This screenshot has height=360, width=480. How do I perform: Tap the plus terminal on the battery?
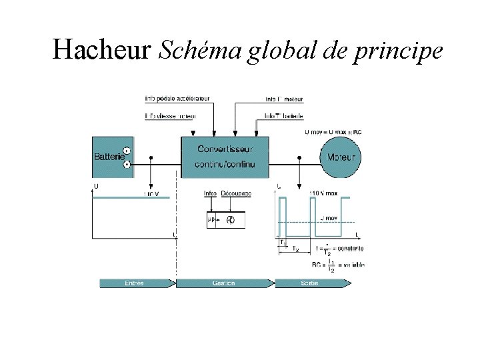127,151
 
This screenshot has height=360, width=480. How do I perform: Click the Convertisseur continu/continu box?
225,157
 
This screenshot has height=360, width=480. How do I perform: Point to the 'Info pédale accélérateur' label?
177,99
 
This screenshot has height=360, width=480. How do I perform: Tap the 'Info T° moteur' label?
284,99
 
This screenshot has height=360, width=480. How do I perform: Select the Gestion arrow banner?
225,283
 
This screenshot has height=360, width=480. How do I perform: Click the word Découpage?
236,193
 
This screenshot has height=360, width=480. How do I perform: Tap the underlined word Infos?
211,193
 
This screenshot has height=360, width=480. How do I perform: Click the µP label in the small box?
211,219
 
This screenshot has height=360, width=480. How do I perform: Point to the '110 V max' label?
325,193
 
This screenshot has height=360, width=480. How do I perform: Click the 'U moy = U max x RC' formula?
333,133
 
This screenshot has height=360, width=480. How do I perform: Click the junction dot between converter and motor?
299,158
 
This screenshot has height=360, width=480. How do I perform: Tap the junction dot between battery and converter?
153,158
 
